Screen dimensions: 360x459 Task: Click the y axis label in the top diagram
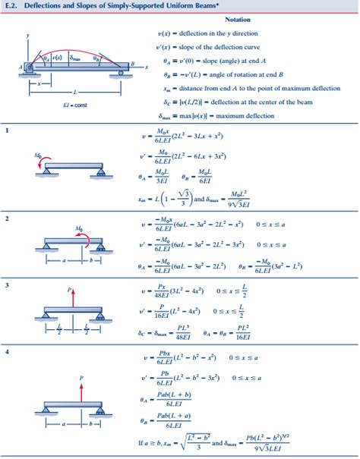28,35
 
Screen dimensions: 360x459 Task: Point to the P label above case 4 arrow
81,376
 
